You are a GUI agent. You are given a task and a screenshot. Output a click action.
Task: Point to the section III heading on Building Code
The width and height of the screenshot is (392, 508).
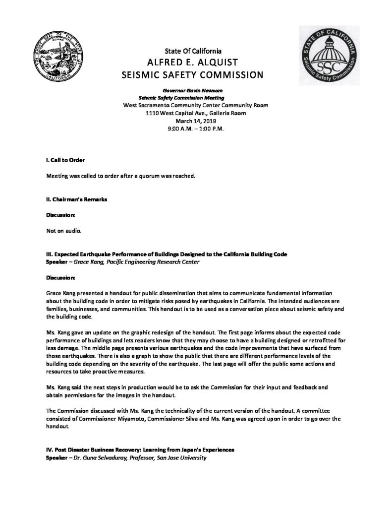pyautogui.click(x=167, y=254)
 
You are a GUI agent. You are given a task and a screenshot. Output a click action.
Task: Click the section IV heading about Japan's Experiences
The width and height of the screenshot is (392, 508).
pyautogui.click(x=140, y=450)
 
